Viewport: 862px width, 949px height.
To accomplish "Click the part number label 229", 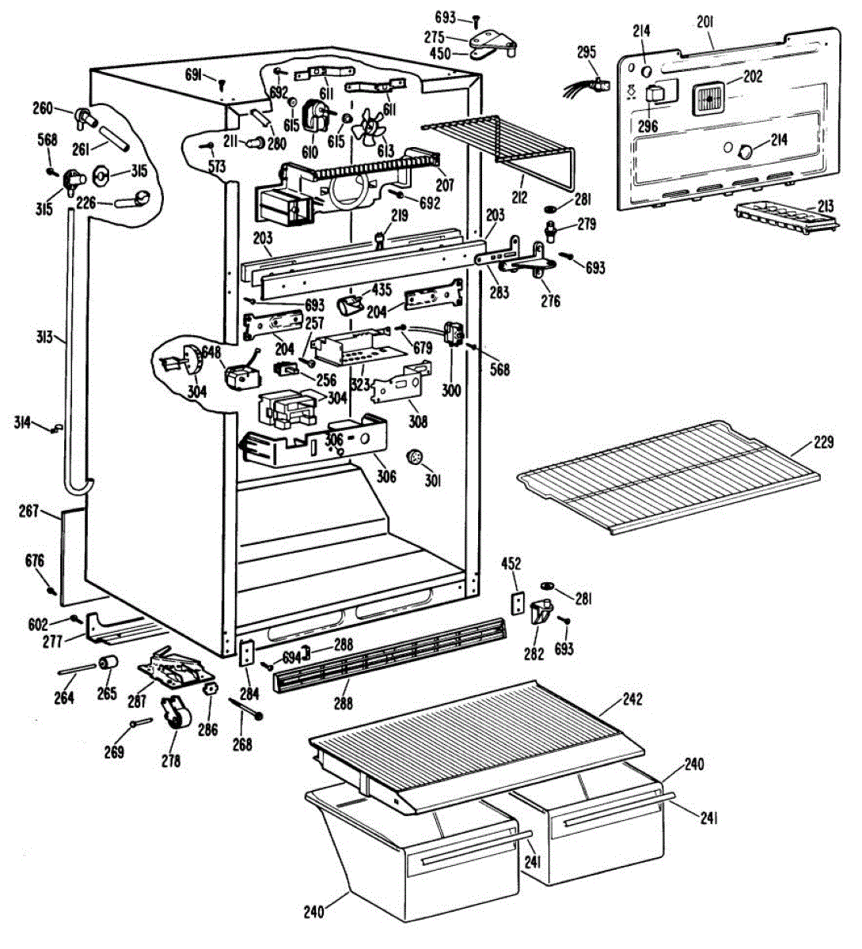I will [823, 443].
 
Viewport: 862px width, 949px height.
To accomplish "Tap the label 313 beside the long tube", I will [44, 338].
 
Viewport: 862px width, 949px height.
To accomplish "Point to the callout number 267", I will [29, 512].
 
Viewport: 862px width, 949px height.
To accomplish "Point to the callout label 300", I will [451, 390].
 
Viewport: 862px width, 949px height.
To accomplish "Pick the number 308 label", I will [417, 422].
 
